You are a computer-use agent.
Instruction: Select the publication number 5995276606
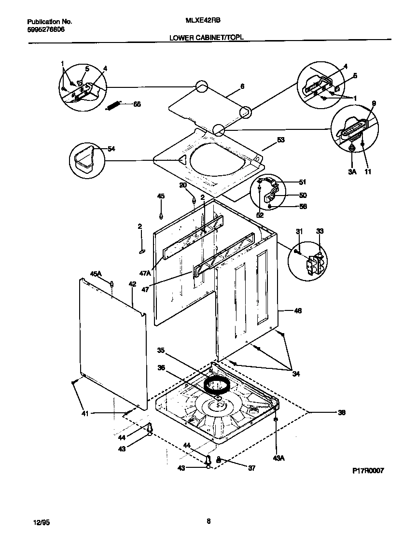(x=46, y=29)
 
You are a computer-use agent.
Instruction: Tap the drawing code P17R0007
(x=367, y=471)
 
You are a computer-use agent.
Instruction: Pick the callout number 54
(x=111, y=149)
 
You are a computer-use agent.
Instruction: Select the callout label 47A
(x=145, y=273)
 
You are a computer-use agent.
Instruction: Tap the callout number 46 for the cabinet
(x=297, y=311)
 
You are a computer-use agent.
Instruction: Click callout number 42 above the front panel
(x=132, y=284)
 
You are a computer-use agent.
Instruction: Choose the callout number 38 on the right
(x=342, y=412)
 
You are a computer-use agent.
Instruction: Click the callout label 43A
(x=278, y=458)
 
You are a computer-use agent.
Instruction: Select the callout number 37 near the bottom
(x=251, y=468)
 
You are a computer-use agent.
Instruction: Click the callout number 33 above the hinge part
(x=320, y=231)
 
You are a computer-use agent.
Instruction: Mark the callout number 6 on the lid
(x=242, y=87)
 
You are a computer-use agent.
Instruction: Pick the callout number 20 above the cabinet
(x=183, y=185)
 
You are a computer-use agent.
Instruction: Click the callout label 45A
(x=97, y=274)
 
